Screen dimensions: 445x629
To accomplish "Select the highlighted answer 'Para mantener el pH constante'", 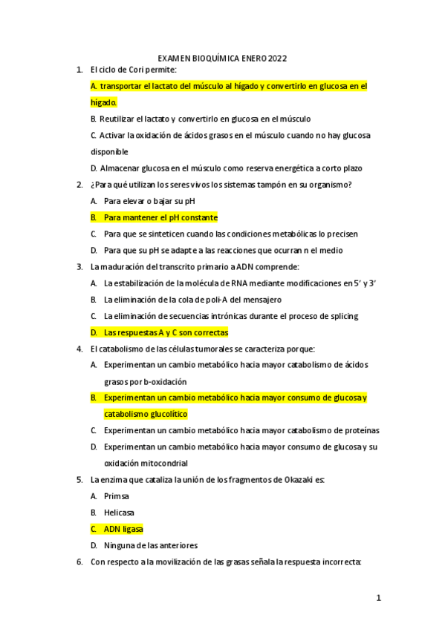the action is click(160, 217).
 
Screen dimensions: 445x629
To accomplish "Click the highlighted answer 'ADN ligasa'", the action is click(123, 529).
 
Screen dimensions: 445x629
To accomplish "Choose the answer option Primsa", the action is click(117, 496).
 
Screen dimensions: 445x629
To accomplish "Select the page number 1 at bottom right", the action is click(378, 597).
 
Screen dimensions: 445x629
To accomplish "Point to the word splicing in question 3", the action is click(341, 316).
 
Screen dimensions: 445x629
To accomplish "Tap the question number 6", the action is click(79, 562).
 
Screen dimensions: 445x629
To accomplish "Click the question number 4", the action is click(79, 349).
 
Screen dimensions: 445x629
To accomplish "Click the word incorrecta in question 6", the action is click(337, 562).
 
